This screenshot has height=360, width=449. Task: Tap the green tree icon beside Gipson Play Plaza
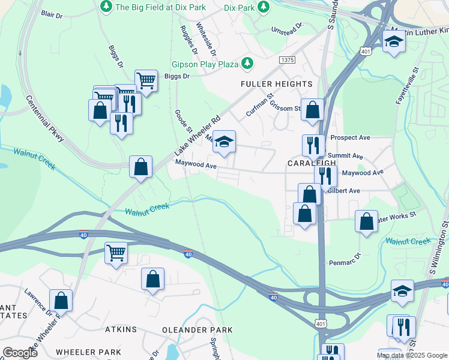(247, 64)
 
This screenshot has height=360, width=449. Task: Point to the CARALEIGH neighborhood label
(310, 164)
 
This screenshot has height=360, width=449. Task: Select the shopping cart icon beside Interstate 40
(115, 252)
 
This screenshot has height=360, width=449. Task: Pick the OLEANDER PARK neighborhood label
(197, 330)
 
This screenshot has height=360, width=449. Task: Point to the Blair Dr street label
(53, 13)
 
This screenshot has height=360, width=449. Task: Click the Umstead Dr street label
(288, 28)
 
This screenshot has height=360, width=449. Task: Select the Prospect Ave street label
(355, 137)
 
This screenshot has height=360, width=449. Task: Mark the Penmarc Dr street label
(345, 260)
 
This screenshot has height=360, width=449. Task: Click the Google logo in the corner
(20, 352)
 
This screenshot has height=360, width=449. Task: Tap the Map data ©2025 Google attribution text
(411, 355)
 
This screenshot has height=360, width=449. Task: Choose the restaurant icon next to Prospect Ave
(313, 145)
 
